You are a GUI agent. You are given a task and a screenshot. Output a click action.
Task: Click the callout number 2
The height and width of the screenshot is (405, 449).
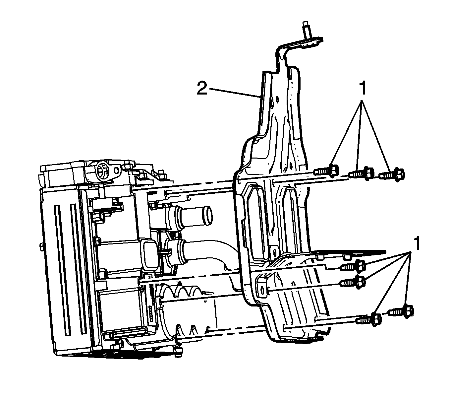(202, 88)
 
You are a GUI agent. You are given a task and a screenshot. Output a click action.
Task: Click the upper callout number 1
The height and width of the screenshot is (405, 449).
(363, 88)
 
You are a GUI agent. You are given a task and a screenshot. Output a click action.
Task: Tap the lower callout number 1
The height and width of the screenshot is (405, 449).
(416, 243)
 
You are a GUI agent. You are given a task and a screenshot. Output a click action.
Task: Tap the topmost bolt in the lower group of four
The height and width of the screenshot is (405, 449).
(353, 265)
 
